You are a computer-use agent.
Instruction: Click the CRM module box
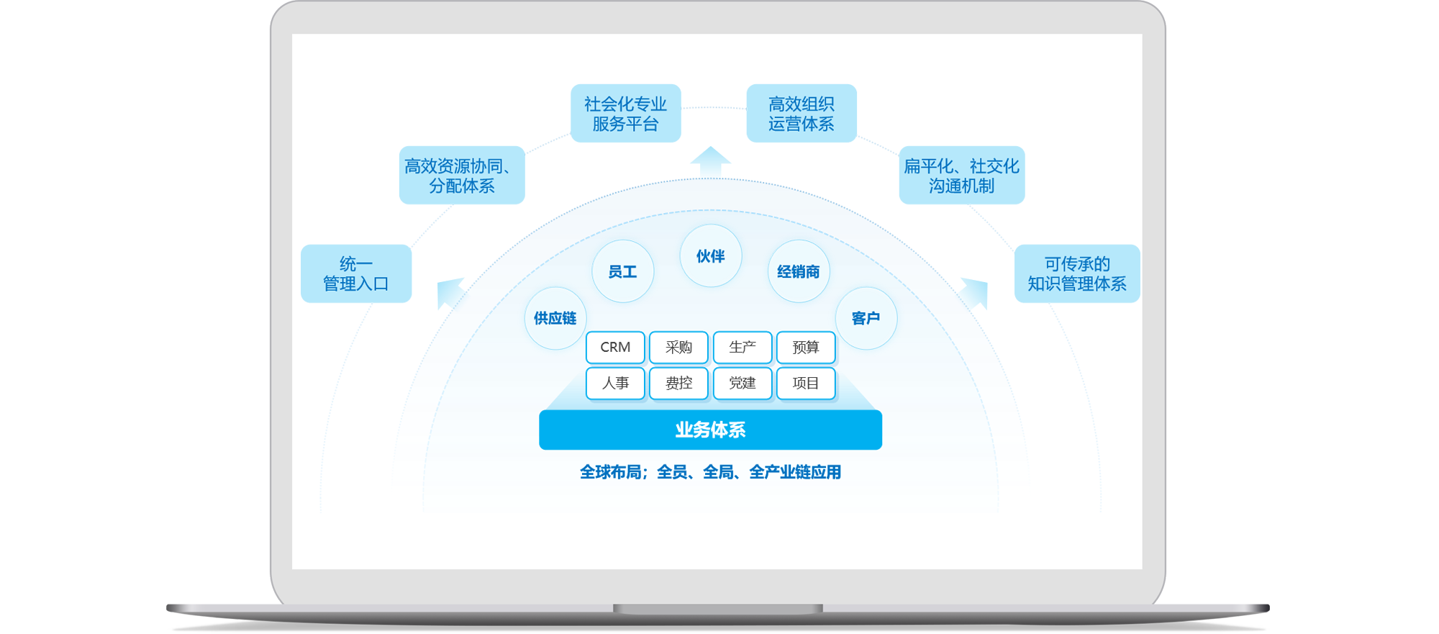pyautogui.click(x=615, y=348)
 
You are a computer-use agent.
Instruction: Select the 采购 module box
pyautogui.click(x=678, y=348)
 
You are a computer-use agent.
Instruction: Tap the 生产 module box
pyautogui.click(x=743, y=348)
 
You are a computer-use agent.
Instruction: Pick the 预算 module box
pyautogui.click(x=806, y=348)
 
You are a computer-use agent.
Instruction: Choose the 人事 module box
pyautogui.click(x=615, y=384)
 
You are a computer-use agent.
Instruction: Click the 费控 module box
pyautogui.click(x=678, y=384)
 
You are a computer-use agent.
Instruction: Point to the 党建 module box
pyautogui.click(x=743, y=384)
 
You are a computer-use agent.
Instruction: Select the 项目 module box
pyautogui.click(x=806, y=384)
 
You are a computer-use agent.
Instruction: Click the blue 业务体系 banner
pyautogui.click(x=710, y=430)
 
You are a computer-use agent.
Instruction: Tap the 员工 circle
pyautogui.click(x=622, y=271)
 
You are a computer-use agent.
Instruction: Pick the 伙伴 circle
pyautogui.click(x=710, y=256)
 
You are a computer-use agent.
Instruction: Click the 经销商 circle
pyautogui.click(x=799, y=271)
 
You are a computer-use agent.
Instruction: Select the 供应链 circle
pyautogui.click(x=555, y=318)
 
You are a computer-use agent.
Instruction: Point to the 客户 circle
pyautogui.click(x=866, y=318)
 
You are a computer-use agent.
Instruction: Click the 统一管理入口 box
pyautogui.click(x=356, y=273)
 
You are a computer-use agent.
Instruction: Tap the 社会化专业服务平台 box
pyautogui.click(x=625, y=114)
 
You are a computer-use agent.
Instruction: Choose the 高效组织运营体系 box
pyautogui.click(x=802, y=114)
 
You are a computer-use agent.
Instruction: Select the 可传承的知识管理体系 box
pyautogui.click(x=1077, y=273)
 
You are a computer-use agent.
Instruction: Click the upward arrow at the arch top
pyautogui.click(x=710, y=162)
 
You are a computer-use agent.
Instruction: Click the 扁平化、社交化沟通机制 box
pyautogui.click(x=961, y=176)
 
